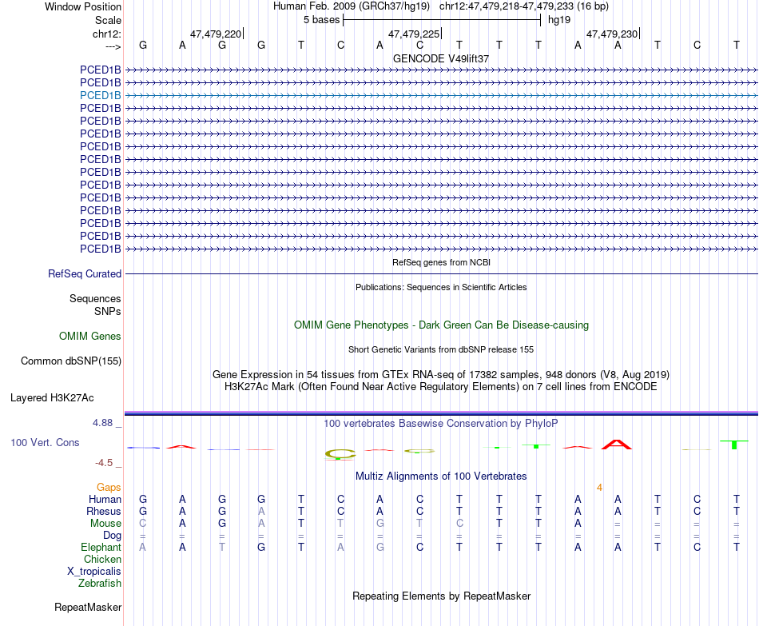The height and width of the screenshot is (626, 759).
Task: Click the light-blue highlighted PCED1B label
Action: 101,95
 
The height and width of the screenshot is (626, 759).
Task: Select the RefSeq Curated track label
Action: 85,273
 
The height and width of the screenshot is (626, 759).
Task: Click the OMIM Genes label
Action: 89,337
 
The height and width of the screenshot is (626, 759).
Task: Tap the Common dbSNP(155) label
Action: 71,361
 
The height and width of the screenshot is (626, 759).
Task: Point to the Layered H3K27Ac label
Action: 52,397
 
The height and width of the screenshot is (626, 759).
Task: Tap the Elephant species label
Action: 101,548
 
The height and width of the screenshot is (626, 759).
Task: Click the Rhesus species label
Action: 104,512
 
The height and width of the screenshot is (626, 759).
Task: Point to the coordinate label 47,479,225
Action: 414,34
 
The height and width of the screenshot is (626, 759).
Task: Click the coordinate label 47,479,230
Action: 612,34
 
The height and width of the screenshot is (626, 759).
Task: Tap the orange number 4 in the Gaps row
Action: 599,487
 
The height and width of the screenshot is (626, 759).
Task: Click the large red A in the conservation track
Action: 617,445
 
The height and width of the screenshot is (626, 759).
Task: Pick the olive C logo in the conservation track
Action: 340,454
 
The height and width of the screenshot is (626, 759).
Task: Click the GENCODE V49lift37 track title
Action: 441,58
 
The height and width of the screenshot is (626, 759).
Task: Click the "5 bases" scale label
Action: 322,19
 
